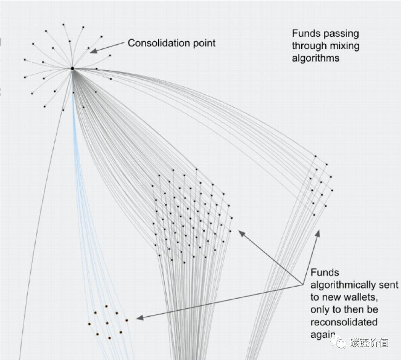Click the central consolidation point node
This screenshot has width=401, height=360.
pos(72,69)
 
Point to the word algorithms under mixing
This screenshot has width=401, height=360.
pos(315,58)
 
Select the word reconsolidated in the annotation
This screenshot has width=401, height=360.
pos(344,322)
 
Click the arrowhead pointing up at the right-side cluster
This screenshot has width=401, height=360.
pos(318,232)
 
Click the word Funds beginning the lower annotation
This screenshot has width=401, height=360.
pos(325,273)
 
